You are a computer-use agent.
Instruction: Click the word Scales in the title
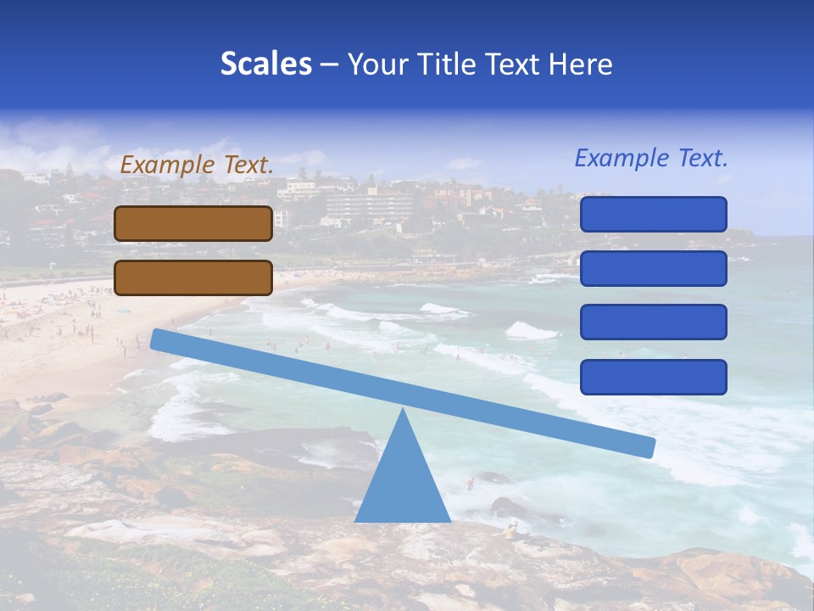tap(265, 64)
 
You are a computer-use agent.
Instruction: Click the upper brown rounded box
tap(193, 223)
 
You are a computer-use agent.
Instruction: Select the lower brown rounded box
tap(193, 277)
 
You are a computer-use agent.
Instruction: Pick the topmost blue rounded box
tap(653, 214)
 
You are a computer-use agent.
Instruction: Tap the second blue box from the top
tap(653, 268)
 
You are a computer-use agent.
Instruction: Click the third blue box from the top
tap(653, 322)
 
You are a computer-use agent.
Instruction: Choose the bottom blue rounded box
tap(653, 377)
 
